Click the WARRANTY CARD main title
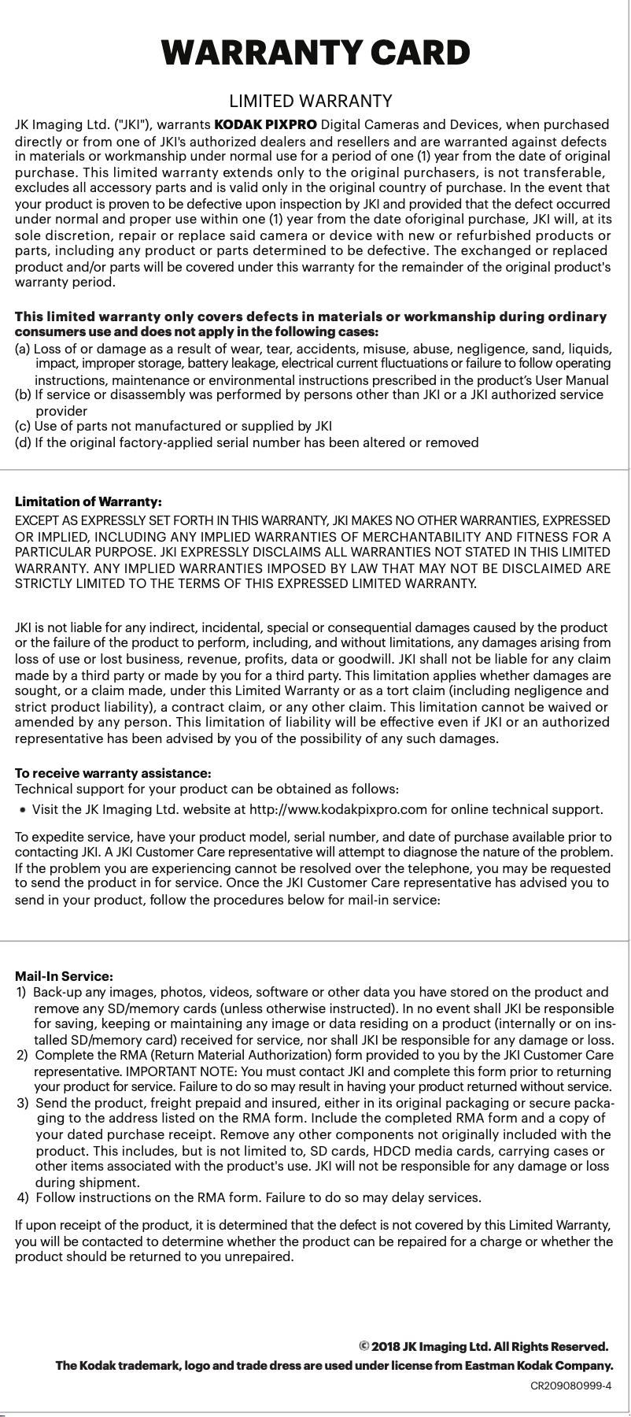click(x=315, y=53)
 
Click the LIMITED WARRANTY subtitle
click(x=310, y=101)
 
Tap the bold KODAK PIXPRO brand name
click(x=265, y=124)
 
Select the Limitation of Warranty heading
click(x=89, y=501)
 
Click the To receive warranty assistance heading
click(x=113, y=772)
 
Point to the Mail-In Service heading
click(x=65, y=977)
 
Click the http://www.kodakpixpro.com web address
click(x=338, y=809)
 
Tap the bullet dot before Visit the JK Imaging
click(x=24, y=809)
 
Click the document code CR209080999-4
click(x=570, y=1386)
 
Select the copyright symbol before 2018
click(x=363, y=1346)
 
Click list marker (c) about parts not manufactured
click(x=24, y=426)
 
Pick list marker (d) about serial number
click(x=24, y=442)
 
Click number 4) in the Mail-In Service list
click(x=24, y=1197)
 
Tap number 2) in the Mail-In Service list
click(x=24, y=1055)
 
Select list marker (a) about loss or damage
click(x=24, y=349)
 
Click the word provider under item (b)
click(x=62, y=411)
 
